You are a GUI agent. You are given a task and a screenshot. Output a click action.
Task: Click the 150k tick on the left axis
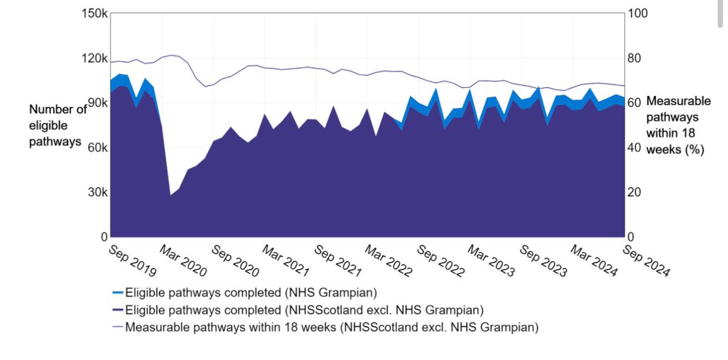click(95, 14)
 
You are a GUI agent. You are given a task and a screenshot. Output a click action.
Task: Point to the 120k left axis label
click(95, 59)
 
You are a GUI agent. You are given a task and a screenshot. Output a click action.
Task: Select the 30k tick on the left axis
click(98, 192)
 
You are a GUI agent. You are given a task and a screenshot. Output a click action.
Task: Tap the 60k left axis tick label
click(98, 148)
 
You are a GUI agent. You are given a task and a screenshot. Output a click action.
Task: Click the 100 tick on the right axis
click(638, 14)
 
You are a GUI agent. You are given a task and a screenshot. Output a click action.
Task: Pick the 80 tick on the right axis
click(636, 59)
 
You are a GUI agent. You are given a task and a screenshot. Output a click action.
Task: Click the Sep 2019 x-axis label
click(132, 260)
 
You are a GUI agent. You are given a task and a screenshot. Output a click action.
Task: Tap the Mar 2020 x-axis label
click(183, 260)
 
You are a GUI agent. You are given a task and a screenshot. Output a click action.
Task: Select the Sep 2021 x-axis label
click(338, 260)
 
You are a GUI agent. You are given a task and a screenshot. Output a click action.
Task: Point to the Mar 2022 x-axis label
click(389, 260)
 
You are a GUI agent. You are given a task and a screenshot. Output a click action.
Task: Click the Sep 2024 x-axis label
click(647, 260)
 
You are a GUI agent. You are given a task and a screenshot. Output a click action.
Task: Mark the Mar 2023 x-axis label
click(492, 260)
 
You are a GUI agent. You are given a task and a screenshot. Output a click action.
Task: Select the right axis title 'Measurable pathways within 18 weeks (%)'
click(678, 126)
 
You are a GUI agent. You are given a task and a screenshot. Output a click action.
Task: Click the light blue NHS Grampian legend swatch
click(118, 293)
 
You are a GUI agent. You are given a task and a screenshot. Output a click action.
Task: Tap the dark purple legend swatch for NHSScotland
click(118, 310)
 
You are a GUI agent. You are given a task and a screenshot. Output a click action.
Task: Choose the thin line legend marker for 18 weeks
click(118, 327)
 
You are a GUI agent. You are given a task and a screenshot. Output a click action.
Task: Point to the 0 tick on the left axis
click(104, 237)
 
